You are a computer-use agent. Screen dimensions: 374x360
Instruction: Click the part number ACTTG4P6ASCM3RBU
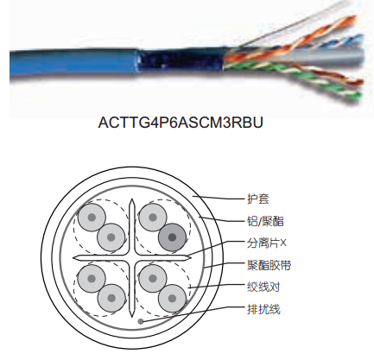[x=181, y=123]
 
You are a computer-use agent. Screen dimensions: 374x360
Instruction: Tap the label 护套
[x=258, y=199]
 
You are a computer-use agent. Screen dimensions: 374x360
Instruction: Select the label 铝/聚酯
[x=265, y=221]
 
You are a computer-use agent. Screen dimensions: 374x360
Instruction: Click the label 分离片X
[x=267, y=243]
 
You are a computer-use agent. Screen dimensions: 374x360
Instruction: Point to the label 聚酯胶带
[x=269, y=265]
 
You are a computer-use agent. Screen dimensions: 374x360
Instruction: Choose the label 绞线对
[x=263, y=287]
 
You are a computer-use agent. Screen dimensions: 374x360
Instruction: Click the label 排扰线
[x=263, y=309]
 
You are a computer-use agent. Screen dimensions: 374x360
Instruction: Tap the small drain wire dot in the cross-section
[x=141, y=321]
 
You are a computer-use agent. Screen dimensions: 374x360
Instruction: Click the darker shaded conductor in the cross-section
[x=172, y=237]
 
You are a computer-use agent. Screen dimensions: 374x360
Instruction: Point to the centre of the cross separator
[x=132, y=258]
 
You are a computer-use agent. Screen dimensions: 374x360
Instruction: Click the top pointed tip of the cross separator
[x=132, y=199]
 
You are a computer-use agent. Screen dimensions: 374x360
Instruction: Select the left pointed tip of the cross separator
[x=73, y=258]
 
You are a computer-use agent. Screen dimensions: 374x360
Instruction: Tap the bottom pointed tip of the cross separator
[x=132, y=315]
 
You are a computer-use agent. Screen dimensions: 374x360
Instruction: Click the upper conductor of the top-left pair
[x=92, y=218]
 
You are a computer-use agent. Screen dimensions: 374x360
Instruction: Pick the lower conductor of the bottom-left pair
[x=111, y=298]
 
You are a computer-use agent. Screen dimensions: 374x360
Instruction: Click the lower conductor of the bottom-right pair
[x=172, y=299]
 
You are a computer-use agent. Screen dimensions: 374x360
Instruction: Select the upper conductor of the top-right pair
[x=153, y=218]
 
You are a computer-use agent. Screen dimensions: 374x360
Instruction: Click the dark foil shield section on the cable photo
[x=181, y=61]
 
